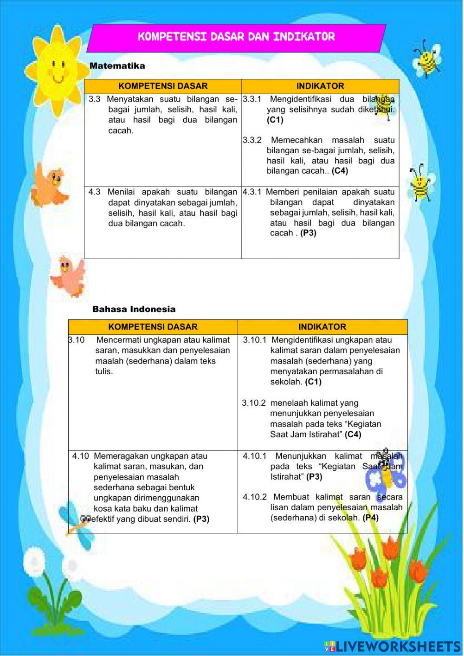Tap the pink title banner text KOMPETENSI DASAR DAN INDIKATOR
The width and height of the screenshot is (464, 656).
[236, 37]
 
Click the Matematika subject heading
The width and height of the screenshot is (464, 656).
[117, 66]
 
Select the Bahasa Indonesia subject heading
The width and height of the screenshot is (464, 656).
[134, 309]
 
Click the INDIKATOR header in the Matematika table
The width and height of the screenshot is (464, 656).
[320, 86]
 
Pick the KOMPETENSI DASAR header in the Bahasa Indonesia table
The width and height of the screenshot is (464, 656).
[153, 327]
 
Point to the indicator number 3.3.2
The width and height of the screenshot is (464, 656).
[252, 140]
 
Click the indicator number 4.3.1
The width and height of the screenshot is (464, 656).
[252, 192]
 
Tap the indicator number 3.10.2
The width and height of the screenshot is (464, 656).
[254, 403]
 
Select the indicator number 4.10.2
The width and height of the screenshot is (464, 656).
[255, 497]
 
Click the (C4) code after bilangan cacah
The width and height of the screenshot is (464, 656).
[340, 171]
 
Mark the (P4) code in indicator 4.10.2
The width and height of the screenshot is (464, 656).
[370, 518]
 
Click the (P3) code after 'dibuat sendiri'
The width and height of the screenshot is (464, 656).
[201, 520]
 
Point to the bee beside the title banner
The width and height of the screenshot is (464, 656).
[427, 58]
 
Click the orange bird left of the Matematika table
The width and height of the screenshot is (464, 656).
[49, 186]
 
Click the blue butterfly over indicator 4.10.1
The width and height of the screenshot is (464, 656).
[385, 474]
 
